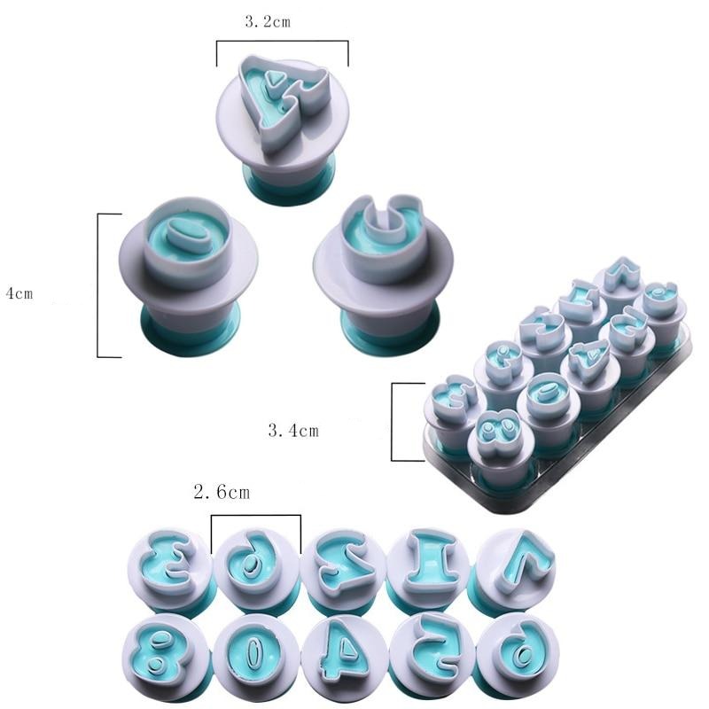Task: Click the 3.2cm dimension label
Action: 268,21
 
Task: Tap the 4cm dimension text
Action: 19,293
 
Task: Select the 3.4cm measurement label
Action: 293,430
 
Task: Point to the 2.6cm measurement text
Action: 222,492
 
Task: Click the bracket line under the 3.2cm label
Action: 282,42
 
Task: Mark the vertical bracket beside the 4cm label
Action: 97,285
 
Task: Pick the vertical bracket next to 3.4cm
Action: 392,422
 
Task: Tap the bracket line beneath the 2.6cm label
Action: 256,516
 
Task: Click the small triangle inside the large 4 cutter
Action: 274,80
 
